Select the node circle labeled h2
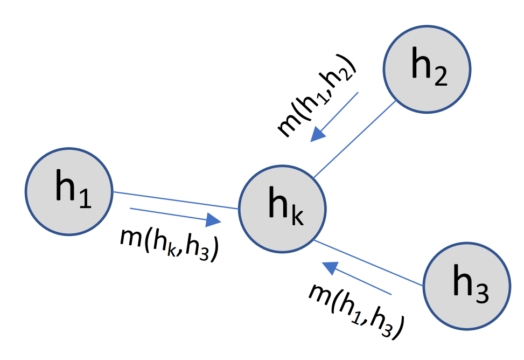pos(427,69)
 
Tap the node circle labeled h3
pos(466,286)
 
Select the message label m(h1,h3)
pos(355,310)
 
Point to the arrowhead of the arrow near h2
pos(318,134)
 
